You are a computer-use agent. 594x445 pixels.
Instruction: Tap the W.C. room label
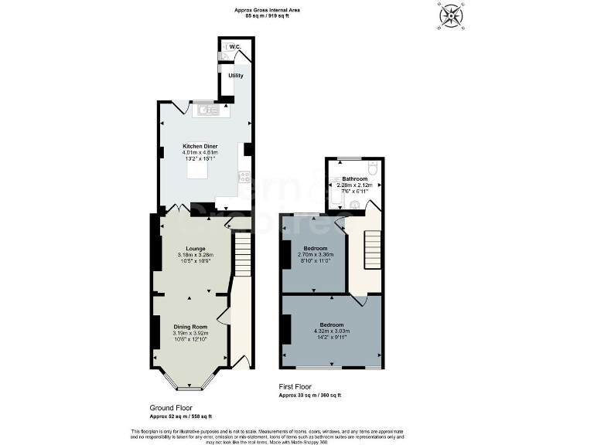point(235,47)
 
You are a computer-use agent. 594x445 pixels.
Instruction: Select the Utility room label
point(236,76)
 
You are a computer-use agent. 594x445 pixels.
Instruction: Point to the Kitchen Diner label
point(200,146)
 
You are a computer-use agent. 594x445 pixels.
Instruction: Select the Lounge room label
point(189,248)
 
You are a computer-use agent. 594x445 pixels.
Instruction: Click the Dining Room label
point(190,327)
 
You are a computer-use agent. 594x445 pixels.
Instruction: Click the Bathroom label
point(355,179)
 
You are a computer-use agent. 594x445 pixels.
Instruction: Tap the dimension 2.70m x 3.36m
point(316,255)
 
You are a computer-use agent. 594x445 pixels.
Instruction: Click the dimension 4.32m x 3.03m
point(331,331)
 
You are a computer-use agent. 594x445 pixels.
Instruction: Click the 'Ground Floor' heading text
point(171,407)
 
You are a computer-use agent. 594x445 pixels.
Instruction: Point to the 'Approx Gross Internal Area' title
point(267,9)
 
